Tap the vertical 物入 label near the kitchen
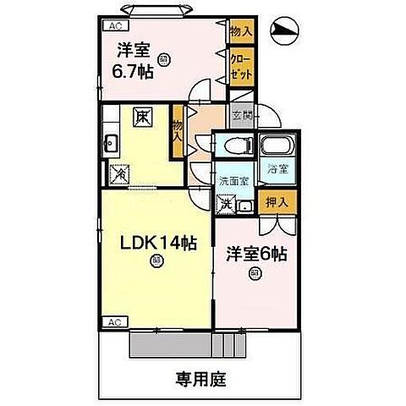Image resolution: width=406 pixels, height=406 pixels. tap(178, 131)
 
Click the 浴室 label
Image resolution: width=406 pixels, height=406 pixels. tap(276, 167)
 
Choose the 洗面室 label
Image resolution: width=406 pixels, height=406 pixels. tap(234, 181)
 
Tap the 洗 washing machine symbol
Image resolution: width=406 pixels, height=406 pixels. tap(226, 202)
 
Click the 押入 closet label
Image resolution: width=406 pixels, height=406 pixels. tap(276, 202)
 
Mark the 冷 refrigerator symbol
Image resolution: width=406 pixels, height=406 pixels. tap(119, 173)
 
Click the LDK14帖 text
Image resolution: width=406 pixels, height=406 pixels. tap(156, 243)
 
